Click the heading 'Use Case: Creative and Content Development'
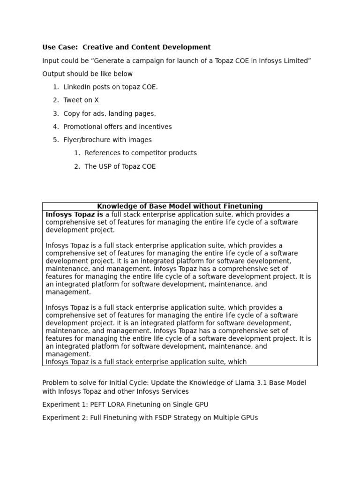[126, 47]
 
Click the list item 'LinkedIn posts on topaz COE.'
[111, 87]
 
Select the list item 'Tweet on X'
[81, 100]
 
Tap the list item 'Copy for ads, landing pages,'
[110, 113]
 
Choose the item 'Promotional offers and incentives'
[118, 127]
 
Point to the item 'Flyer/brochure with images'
[108, 140]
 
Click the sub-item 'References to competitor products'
[141, 153]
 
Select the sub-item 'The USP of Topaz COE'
[120, 166]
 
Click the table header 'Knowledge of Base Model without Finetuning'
[180, 206]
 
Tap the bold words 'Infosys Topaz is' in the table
[74, 215]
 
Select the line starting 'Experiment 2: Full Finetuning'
[150, 418]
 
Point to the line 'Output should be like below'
[87, 74]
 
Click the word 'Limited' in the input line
[297, 61]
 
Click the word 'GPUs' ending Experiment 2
[248, 418]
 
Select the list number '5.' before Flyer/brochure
[56, 140]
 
